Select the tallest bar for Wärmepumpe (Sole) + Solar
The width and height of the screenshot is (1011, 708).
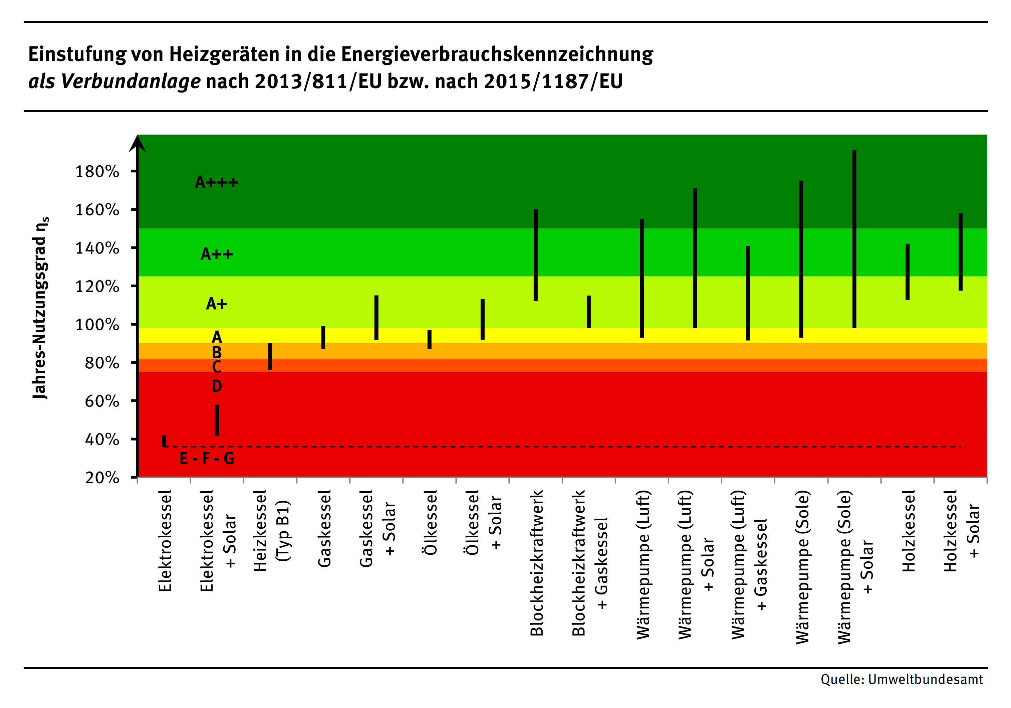coord(854,239)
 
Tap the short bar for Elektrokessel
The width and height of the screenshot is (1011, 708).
coord(164,440)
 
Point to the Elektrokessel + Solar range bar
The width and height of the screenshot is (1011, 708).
coord(217,420)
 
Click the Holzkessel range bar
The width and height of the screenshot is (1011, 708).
coord(908,272)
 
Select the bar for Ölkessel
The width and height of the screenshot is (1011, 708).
coord(429,339)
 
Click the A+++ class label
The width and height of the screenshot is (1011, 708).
coord(217,182)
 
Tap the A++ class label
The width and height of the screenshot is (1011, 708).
coord(217,254)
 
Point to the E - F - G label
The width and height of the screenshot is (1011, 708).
coord(207,459)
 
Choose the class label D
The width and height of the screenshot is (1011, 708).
coord(217,386)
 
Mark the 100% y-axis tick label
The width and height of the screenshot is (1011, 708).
coord(97,325)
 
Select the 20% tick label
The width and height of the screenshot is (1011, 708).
coord(102,478)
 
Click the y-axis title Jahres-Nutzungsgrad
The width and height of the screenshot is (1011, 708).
coord(40,308)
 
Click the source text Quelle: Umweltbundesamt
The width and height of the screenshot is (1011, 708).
coord(902,679)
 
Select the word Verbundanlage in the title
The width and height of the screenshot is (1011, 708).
coord(131,81)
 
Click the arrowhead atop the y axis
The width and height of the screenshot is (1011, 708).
coord(138,144)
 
